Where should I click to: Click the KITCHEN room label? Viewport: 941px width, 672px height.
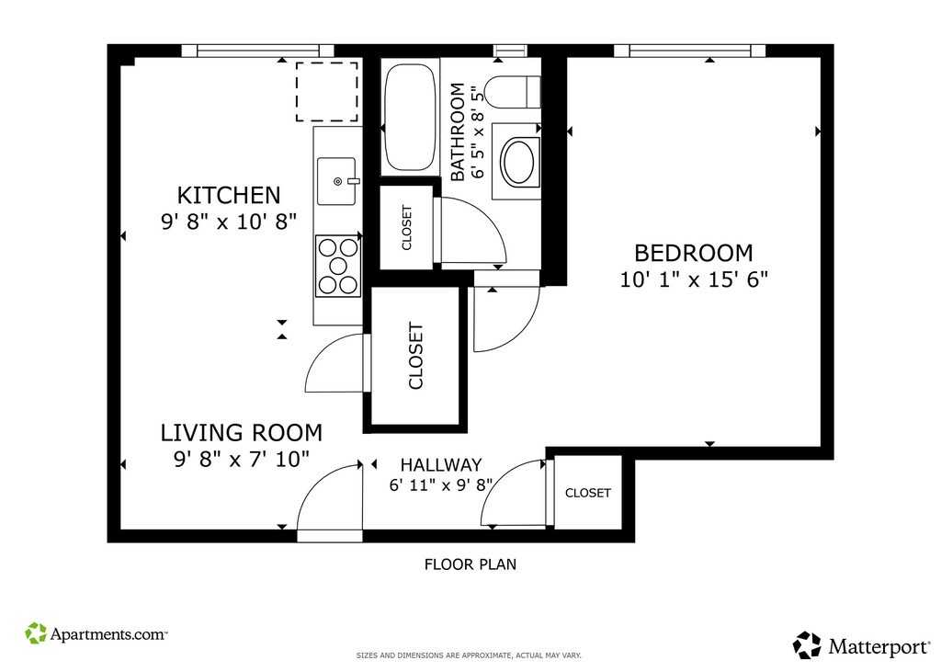tap(229, 195)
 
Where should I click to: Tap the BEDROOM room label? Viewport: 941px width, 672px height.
tap(693, 253)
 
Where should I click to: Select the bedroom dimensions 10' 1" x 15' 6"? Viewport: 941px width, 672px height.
tap(694, 279)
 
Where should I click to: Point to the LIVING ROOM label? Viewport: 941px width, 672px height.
tap(242, 432)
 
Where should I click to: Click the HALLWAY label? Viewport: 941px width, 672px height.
tap(441, 465)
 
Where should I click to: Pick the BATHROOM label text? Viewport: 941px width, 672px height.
tap(458, 132)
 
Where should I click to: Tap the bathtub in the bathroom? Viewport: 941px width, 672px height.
tap(410, 118)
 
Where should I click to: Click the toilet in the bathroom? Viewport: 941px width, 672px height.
tap(513, 92)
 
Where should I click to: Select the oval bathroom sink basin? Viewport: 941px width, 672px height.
tap(519, 162)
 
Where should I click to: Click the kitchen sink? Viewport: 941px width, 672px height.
tap(337, 181)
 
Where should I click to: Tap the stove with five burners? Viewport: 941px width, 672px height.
tap(338, 266)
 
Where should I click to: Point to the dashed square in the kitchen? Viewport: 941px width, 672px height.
tap(326, 92)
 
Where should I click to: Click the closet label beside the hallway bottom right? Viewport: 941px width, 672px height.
tap(588, 493)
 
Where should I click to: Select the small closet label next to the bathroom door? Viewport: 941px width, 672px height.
tap(407, 228)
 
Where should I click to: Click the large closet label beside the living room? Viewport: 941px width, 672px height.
tap(416, 356)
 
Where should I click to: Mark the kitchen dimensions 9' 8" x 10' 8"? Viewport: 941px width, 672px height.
tap(229, 222)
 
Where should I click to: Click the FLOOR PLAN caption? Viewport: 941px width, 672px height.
tap(470, 564)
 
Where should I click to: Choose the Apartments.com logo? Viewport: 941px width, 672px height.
tap(96, 633)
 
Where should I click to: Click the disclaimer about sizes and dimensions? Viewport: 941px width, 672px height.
tap(470, 655)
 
